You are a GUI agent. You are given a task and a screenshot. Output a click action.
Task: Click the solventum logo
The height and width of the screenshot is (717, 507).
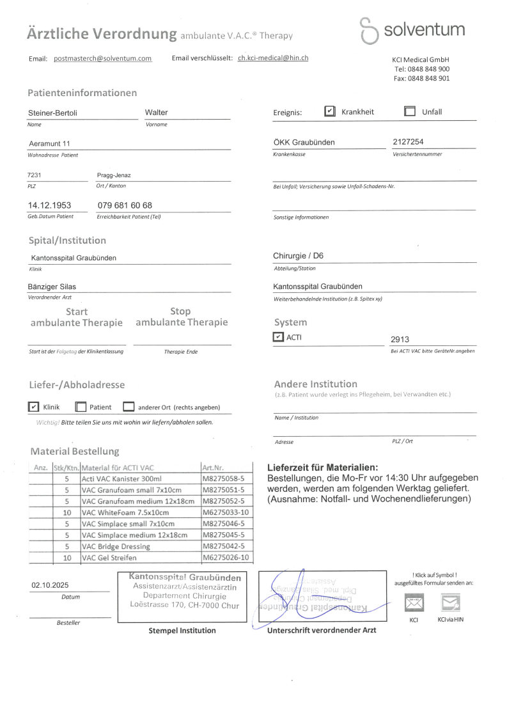[412, 30]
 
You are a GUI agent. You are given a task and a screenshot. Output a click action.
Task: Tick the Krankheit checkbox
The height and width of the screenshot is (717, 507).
[330, 111]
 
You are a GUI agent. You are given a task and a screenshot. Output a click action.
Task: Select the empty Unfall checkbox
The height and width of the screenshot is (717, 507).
[410, 111]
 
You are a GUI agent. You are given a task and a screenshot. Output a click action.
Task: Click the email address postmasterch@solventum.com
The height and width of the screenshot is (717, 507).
[102, 58]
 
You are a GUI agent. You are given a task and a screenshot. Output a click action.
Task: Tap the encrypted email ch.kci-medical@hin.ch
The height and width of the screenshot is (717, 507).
[273, 58]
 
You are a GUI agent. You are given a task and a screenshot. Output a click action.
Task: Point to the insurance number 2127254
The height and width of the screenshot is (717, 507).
[408, 142]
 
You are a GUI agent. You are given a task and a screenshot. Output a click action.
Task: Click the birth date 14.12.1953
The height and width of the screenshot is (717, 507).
[49, 205]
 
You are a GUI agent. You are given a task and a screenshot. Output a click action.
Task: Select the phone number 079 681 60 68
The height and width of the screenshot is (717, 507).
[124, 205]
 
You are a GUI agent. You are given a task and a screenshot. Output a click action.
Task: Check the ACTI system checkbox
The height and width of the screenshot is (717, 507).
[278, 337]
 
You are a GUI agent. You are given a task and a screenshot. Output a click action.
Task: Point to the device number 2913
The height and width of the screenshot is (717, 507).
[400, 340]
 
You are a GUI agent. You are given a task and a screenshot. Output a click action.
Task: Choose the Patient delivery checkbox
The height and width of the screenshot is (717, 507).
[81, 407]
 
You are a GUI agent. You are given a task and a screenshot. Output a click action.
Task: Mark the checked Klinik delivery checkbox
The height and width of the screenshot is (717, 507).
[34, 407]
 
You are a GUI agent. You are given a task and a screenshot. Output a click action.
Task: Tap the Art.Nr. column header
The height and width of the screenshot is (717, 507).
[212, 468]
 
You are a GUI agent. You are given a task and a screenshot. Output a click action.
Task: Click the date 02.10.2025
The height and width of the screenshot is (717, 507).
[50, 585]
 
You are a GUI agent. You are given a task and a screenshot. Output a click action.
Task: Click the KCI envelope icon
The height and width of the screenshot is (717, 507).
[414, 603]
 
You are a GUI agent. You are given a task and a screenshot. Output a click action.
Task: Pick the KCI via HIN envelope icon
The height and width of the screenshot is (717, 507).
[450, 603]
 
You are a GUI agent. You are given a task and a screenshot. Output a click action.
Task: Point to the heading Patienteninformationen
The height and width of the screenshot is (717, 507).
[82, 93]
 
